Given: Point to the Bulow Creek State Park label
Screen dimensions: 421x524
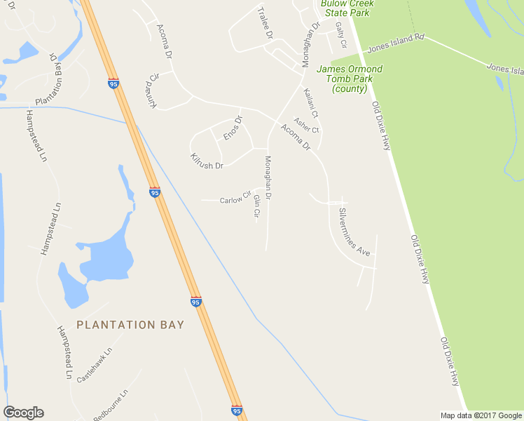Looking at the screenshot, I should (347, 8).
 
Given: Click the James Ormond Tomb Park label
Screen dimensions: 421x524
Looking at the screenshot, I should (350, 79).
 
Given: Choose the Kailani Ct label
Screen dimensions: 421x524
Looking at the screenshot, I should (311, 102).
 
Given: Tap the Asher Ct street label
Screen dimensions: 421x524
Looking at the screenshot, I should (306, 125).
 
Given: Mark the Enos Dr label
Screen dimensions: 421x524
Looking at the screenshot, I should (232, 128).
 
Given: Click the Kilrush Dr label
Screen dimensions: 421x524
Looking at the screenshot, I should (207, 161).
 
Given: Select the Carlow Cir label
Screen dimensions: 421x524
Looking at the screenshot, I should (235, 199).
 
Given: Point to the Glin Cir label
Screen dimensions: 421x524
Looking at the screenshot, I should (256, 208).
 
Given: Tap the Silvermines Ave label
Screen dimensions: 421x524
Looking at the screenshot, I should (354, 230).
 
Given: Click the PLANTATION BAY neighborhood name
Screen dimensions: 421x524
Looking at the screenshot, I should (130, 325).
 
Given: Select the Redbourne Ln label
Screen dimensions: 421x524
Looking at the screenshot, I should (111, 404).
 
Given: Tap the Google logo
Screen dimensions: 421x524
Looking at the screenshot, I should (23, 413).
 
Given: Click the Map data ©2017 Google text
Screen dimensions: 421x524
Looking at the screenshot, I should (481, 415).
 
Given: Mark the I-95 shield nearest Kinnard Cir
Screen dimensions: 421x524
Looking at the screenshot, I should (113, 83).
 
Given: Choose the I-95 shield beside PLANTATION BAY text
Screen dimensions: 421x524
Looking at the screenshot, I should (196, 302).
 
